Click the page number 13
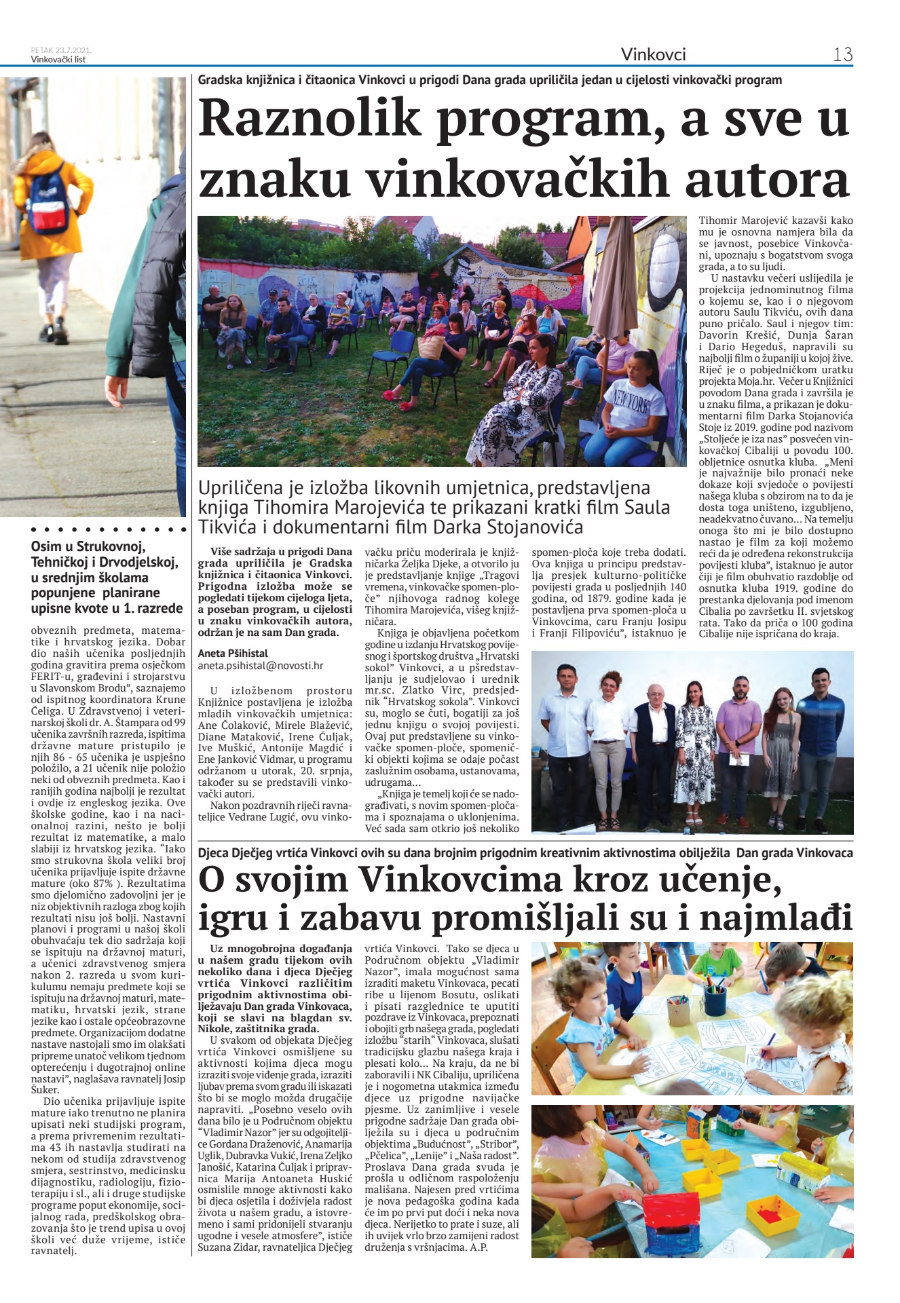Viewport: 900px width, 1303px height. tap(842, 54)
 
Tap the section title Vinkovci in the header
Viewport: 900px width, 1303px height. tap(653, 54)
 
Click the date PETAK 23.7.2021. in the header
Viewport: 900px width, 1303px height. tap(61, 50)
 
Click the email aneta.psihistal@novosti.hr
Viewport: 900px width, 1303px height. tap(261, 666)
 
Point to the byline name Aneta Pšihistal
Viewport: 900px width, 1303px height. tap(233, 654)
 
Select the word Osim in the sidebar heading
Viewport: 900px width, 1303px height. tap(46, 546)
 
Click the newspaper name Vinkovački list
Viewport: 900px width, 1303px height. tap(58, 59)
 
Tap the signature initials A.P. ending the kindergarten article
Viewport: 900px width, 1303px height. tap(479, 1247)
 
